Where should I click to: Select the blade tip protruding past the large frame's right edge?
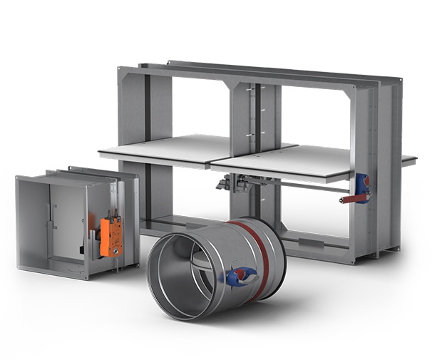408,160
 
